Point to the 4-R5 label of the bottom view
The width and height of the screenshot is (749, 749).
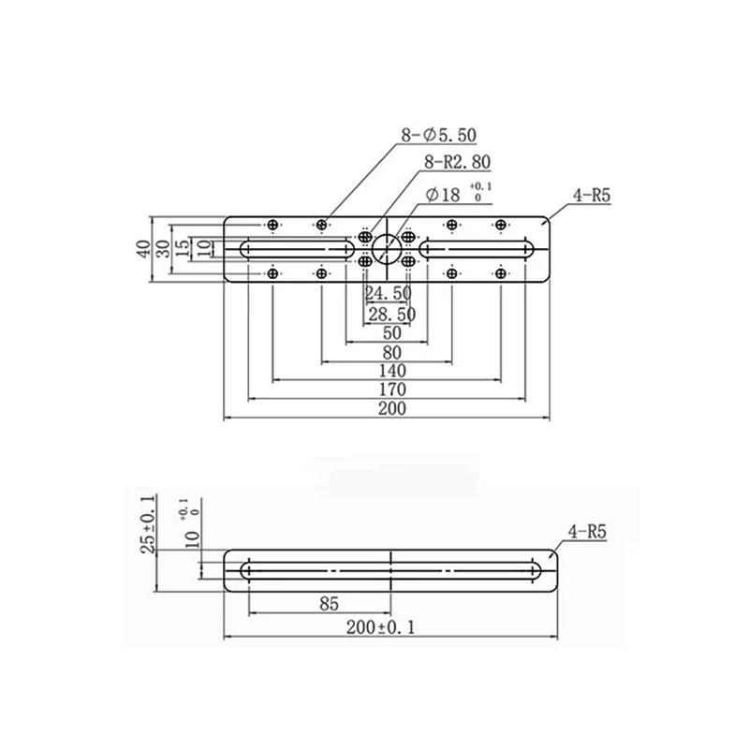(x=587, y=532)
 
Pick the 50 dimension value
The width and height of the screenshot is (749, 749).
(x=391, y=333)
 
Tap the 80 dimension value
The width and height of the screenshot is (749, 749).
(x=391, y=353)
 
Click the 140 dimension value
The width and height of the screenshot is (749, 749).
(x=391, y=372)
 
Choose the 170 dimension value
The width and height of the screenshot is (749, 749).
(x=391, y=390)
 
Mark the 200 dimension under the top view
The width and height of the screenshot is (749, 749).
(x=391, y=409)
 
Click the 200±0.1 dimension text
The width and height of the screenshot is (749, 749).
(x=392, y=627)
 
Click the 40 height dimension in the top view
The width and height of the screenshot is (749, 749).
(x=143, y=249)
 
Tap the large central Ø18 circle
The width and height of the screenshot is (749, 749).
(x=386, y=249)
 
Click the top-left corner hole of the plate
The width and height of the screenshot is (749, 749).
(x=272, y=225)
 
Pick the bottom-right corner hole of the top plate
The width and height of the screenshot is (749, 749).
(x=501, y=272)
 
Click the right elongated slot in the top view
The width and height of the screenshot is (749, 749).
(x=477, y=249)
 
